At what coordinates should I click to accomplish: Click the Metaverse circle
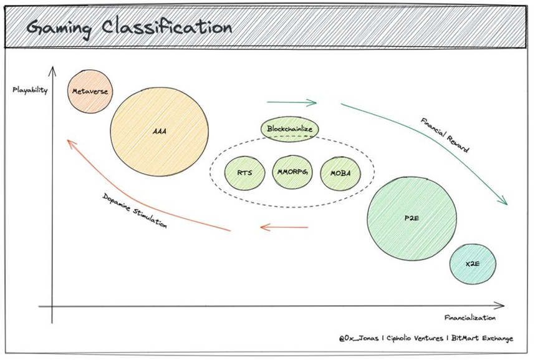click(90, 91)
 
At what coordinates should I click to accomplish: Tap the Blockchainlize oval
click(289, 129)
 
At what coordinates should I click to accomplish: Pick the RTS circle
click(244, 172)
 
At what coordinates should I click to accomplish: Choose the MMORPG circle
click(292, 172)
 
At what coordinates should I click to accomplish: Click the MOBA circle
click(340, 173)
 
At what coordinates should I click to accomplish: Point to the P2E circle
click(412, 218)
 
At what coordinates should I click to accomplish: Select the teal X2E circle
click(473, 264)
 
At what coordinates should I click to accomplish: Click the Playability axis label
click(30, 90)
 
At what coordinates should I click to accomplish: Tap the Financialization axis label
click(470, 318)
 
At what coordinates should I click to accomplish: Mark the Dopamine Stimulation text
click(135, 210)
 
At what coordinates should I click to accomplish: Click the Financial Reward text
click(445, 135)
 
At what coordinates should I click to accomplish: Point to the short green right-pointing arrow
click(292, 102)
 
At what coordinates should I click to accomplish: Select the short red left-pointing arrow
click(284, 227)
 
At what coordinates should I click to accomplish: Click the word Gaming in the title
click(59, 28)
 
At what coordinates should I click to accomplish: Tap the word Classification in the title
click(167, 27)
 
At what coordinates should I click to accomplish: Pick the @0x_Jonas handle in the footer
click(359, 338)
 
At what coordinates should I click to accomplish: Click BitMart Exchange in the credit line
click(482, 338)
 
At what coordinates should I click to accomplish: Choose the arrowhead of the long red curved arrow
click(70, 143)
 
